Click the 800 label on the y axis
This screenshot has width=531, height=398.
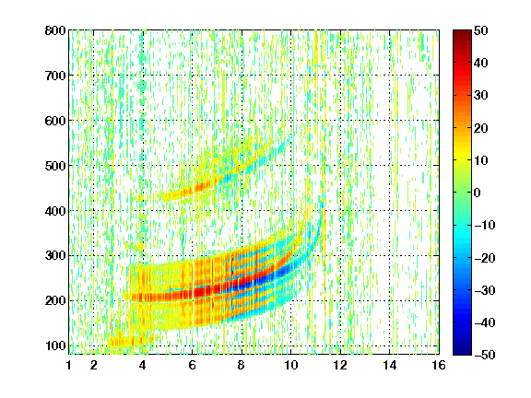coord(55,30)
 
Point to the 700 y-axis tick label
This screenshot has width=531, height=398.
coord(55,76)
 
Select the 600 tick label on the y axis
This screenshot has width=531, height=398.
coord(55,121)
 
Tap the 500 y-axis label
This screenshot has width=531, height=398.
coord(55,166)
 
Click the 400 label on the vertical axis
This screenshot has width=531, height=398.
coord(55,211)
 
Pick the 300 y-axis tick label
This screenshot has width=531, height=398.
coord(55,256)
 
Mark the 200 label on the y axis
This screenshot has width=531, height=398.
coord(55,301)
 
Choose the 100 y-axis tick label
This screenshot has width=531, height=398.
coord(55,345)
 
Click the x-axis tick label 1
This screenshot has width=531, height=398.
coord(69,365)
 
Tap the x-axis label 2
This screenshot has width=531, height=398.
coord(94,365)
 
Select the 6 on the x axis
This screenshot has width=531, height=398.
coord(192,365)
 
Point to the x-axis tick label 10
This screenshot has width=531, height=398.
coord(290,365)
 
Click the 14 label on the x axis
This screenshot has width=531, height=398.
coord(389,365)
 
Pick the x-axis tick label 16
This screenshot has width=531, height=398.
coord(439,365)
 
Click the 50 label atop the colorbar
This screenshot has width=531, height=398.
coord(480,30)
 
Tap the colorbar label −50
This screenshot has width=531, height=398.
coord(484,355)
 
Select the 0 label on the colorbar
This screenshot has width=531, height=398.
coord(478,193)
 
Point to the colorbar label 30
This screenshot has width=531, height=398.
coord(480,96)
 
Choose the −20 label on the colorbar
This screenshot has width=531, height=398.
coord(484,258)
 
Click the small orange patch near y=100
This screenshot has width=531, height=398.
coord(130,341)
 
